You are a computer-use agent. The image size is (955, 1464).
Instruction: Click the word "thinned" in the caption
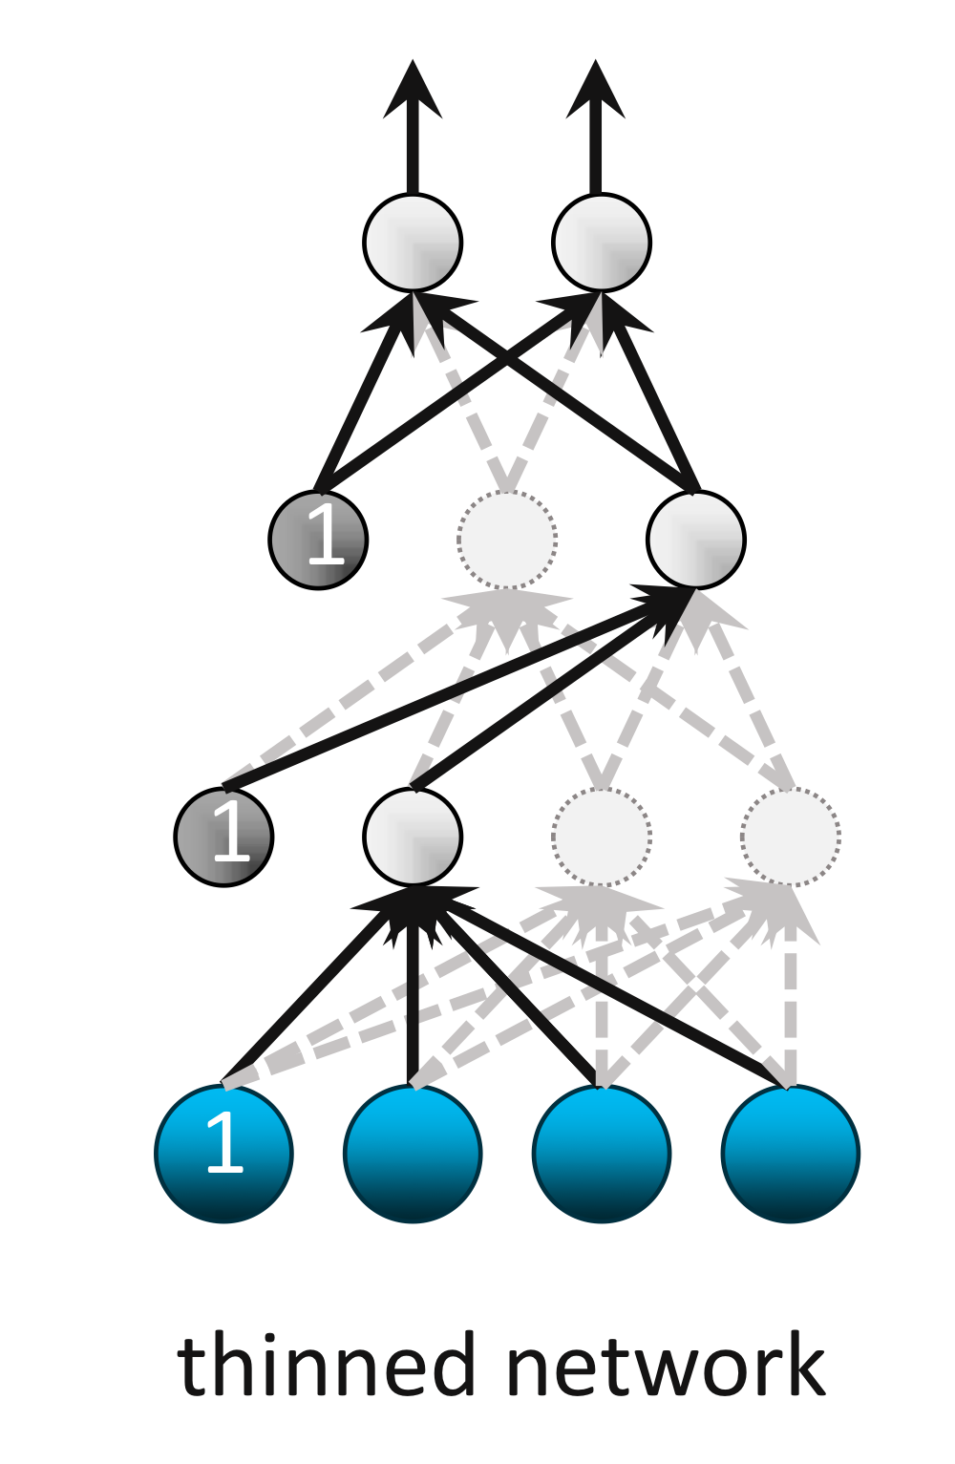(325, 1366)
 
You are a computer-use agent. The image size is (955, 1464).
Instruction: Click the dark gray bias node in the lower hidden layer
(223, 837)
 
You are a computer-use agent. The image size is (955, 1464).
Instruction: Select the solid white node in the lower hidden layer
(413, 837)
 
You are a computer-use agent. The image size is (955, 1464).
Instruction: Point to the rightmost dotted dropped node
(791, 837)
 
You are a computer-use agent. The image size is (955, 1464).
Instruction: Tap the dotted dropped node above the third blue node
(602, 837)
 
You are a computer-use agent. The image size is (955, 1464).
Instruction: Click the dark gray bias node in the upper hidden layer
(318, 540)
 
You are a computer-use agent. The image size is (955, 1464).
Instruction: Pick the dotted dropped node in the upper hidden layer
(507, 540)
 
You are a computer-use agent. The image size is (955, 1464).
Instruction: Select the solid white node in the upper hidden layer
(696, 540)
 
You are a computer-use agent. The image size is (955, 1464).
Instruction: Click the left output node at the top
(413, 242)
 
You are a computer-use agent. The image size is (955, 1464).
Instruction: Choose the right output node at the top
(602, 242)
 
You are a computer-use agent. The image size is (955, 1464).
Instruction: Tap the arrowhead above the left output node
(413, 92)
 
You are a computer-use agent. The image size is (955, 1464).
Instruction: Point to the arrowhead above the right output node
(596, 92)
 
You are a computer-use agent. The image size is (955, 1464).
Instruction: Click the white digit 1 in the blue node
(224, 1141)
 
